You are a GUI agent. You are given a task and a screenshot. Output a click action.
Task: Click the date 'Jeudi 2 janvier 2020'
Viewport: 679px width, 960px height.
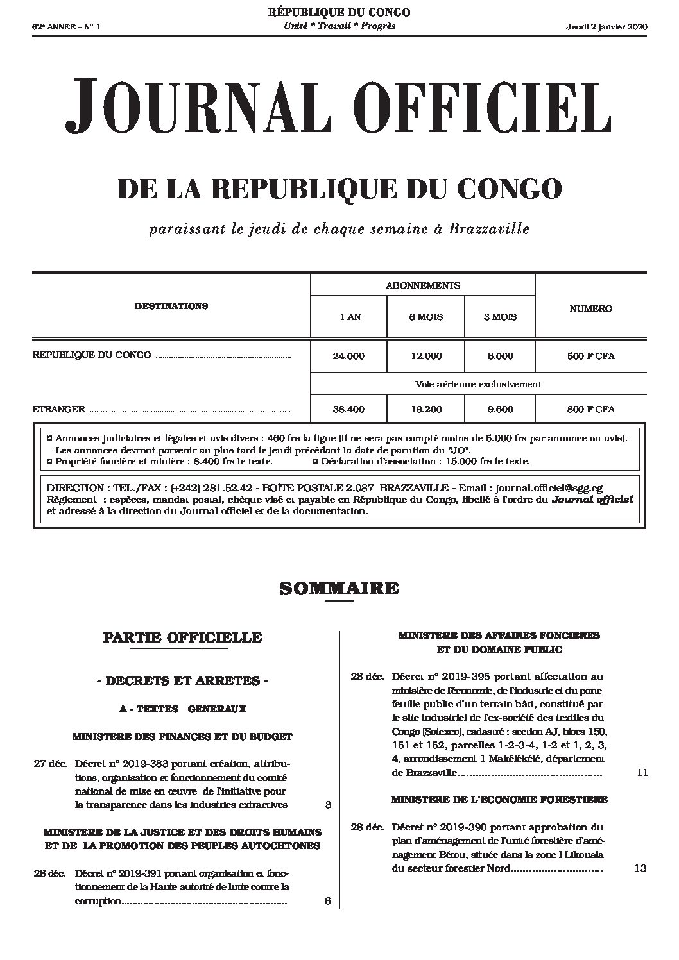point(606,26)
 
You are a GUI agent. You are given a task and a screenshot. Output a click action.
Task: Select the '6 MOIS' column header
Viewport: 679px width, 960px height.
point(425,317)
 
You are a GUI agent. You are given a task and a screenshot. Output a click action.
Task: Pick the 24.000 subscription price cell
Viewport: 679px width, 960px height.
point(348,356)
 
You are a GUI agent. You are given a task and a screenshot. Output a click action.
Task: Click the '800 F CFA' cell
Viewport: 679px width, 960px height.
point(590,409)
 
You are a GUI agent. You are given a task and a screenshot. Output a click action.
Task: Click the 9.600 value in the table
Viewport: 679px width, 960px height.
point(501,409)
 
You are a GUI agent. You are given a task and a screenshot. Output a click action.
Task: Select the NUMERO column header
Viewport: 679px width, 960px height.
point(590,308)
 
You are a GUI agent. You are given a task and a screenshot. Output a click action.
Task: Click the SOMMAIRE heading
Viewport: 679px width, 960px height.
point(339,587)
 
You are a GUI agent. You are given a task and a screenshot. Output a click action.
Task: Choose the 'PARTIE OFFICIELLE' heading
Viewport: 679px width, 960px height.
point(182,637)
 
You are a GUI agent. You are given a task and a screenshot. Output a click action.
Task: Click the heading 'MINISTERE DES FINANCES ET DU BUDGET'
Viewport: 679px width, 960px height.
point(182,736)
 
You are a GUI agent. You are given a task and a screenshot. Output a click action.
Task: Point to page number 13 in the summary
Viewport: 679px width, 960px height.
point(639,868)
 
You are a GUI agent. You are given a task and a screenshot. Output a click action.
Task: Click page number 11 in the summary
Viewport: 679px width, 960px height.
point(642,773)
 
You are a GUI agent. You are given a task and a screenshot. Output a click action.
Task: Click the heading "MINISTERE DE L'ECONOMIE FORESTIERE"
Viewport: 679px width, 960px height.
point(499,800)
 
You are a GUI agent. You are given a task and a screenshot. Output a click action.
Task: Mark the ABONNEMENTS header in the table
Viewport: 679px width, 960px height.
point(422,285)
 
